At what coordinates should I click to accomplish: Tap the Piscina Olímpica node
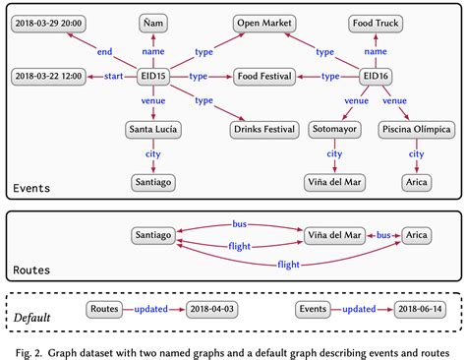(417, 129)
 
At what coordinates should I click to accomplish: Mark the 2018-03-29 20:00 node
(47, 22)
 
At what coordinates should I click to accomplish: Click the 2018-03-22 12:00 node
(47, 76)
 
